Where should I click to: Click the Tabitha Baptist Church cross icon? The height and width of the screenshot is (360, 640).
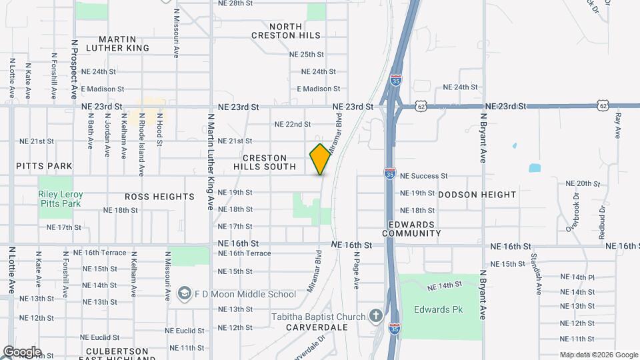tap(376, 316)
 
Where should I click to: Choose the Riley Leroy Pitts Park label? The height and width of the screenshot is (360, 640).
tap(59, 199)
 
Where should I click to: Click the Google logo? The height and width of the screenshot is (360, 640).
tap(22, 351)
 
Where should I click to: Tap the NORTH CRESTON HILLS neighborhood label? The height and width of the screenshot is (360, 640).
tap(286, 30)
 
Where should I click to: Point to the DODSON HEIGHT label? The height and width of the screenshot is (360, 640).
tap(477, 195)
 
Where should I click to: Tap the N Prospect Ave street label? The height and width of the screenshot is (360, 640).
tap(74, 69)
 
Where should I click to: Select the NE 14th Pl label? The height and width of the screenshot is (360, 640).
tap(577, 277)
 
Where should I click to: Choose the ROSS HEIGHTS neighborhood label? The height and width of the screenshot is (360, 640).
tap(159, 197)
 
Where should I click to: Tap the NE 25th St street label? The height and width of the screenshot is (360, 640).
tap(307, 54)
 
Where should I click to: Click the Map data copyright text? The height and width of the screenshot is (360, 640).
tap(598, 355)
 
